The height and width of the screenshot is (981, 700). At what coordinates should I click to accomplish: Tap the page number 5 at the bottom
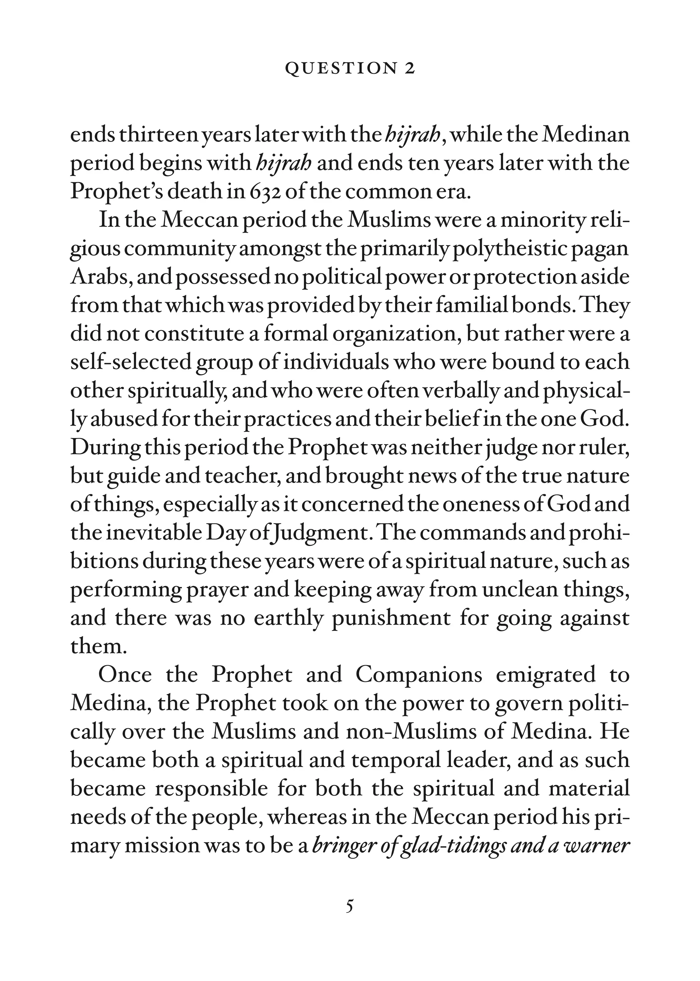coord(350,906)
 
